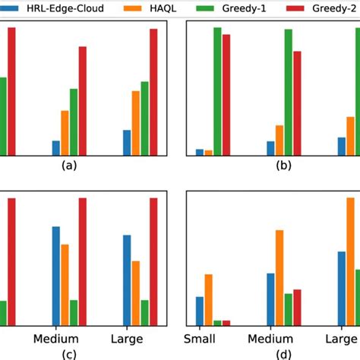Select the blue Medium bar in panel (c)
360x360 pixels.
(55, 276)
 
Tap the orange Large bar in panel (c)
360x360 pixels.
(136, 293)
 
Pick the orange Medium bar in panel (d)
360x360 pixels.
(279, 277)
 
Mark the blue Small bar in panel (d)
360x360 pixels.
(200, 311)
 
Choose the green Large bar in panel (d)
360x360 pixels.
(357, 297)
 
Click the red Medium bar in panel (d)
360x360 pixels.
(297, 307)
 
